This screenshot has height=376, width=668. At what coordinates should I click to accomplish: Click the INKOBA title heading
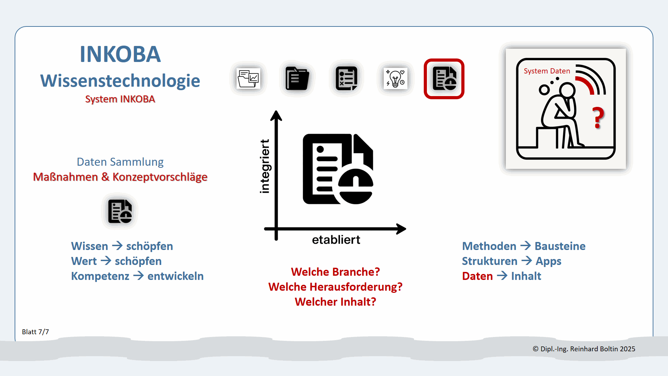click(120, 54)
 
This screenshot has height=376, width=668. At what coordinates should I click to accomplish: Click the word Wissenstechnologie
click(120, 81)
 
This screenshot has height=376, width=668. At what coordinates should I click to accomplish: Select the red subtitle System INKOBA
click(120, 99)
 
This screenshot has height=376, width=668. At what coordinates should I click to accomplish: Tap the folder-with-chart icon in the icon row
click(248, 79)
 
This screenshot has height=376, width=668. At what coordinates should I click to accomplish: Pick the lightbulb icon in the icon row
click(395, 79)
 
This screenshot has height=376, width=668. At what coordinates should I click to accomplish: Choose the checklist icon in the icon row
click(346, 79)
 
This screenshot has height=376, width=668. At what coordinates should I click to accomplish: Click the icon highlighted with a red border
click(444, 79)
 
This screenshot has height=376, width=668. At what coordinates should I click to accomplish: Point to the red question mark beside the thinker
click(598, 118)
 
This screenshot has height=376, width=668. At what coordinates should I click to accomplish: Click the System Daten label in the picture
click(547, 71)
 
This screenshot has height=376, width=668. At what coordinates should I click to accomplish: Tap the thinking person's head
click(567, 90)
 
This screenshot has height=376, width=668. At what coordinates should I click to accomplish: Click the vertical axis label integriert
click(265, 166)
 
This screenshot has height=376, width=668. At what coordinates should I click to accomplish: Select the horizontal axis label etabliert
click(336, 240)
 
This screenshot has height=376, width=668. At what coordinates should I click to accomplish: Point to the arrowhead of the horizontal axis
click(401, 229)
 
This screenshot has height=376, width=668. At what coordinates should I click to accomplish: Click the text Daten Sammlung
click(120, 162)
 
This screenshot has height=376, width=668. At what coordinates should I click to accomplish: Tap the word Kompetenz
click(100, 276)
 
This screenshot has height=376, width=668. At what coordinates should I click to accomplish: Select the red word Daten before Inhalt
click(477, 276)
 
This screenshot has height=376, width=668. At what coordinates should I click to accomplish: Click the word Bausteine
click(560, 246)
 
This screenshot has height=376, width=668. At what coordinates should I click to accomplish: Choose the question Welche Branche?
click(335, 272)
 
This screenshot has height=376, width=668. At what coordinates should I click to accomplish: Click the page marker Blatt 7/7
click(35, 332)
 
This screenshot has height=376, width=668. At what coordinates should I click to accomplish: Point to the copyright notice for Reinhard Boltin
click(584, 349)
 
